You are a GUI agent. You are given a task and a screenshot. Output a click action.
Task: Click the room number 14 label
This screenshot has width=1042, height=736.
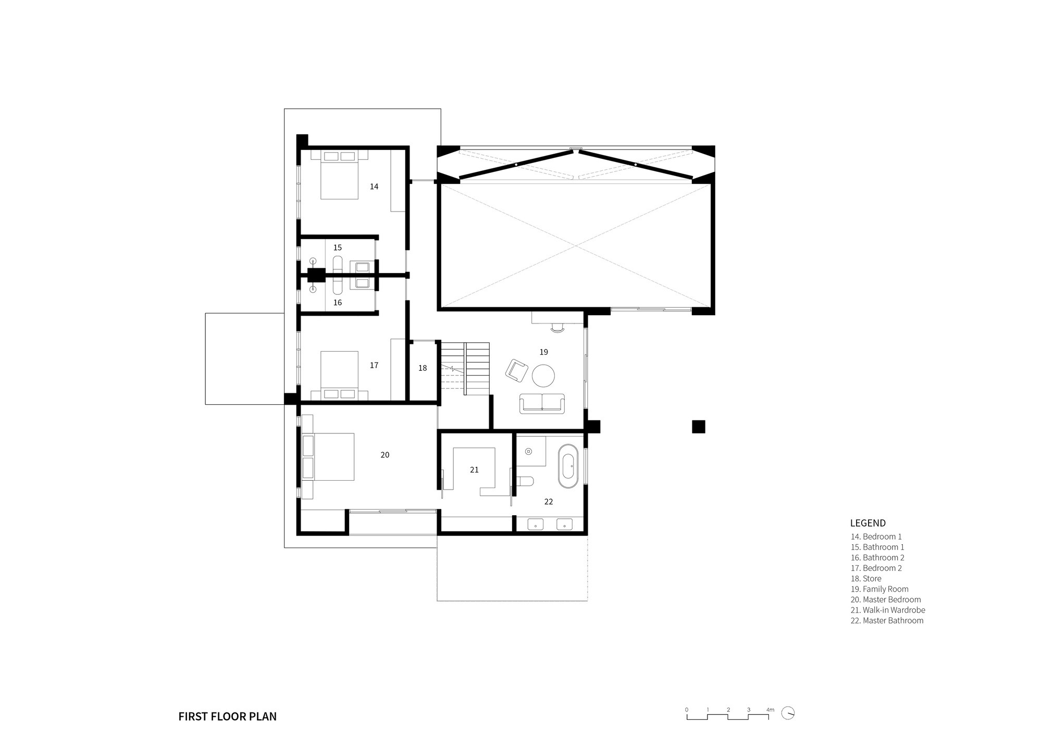point(374,186)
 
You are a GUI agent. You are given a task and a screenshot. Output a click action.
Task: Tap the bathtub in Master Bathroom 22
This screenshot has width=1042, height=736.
point(568,466)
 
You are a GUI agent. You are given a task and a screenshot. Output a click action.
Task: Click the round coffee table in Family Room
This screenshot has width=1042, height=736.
point(543,376)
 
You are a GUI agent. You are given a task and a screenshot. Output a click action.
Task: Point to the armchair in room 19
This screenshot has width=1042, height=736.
point(516,370)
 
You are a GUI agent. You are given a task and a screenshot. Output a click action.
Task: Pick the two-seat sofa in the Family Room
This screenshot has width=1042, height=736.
point(542,404)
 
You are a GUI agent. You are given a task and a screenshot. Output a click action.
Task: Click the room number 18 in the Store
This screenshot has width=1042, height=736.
point(423,368)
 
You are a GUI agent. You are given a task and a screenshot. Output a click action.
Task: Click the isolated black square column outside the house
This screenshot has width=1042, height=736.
point(698,427)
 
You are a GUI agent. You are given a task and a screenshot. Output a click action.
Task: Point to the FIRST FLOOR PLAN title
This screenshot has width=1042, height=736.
point(227,716)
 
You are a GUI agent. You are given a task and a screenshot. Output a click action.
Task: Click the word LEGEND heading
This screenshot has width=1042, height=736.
point(867,523)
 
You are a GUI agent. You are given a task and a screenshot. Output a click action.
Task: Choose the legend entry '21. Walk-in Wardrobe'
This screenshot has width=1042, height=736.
point(888,610)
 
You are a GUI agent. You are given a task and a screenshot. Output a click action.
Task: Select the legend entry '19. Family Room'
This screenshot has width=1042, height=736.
point(879,589)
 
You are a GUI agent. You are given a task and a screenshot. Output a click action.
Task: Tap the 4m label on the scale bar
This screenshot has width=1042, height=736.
point(770,709)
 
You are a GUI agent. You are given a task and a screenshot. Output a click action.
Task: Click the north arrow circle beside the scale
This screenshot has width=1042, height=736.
point(788,713)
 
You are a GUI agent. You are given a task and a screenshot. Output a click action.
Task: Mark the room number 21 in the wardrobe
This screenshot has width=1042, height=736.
point(474,470)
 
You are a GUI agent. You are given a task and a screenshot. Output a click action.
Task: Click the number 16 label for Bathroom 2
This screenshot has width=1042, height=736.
point(338,303)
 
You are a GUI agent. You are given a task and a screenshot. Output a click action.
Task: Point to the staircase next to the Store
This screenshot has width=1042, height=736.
point(465,368)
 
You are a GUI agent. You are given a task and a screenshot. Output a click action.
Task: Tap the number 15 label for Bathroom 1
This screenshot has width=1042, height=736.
point(338,247)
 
